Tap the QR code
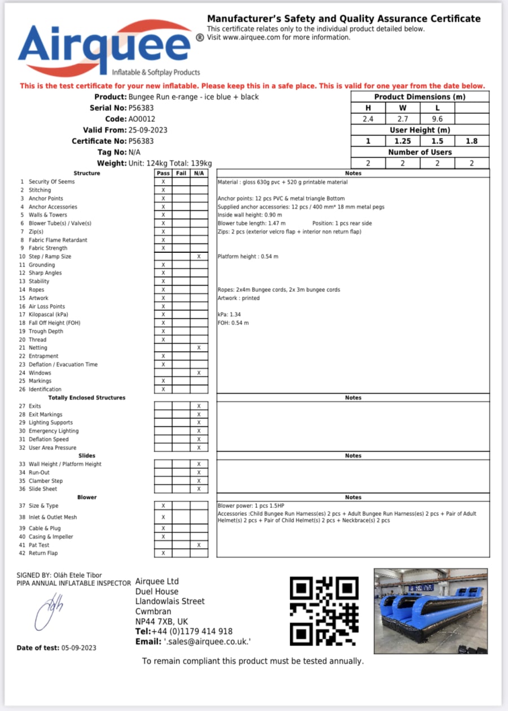tap(324, 611)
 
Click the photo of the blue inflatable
tap(431, 611)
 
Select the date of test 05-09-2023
tap(78, 648)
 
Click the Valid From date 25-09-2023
tap(148, 130)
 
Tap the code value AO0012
tap(142, 119)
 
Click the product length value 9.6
tap(437, 119)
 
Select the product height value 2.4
tap(368, 119)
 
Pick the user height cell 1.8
tap(471, 141)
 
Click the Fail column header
tap(181, 173)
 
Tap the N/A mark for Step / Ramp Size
tap(199, 257)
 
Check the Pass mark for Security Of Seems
tap(163, 182)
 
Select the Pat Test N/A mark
tap(199, 545)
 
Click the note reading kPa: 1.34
tap(229, 315)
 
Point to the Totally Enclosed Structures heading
tap(86, 398)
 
